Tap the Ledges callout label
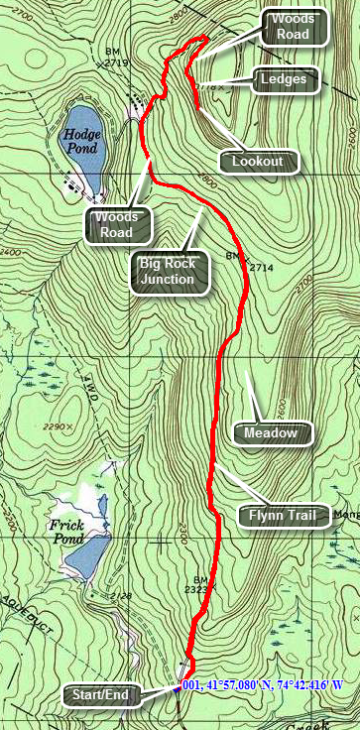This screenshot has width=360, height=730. point(286,80)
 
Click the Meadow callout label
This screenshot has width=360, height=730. point(271,432)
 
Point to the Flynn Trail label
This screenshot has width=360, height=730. point(283,515)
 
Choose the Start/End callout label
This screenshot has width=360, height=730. point(99,695)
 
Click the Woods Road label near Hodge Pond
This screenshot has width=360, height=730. point(116,225)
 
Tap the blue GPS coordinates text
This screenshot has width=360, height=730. point(269,685)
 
